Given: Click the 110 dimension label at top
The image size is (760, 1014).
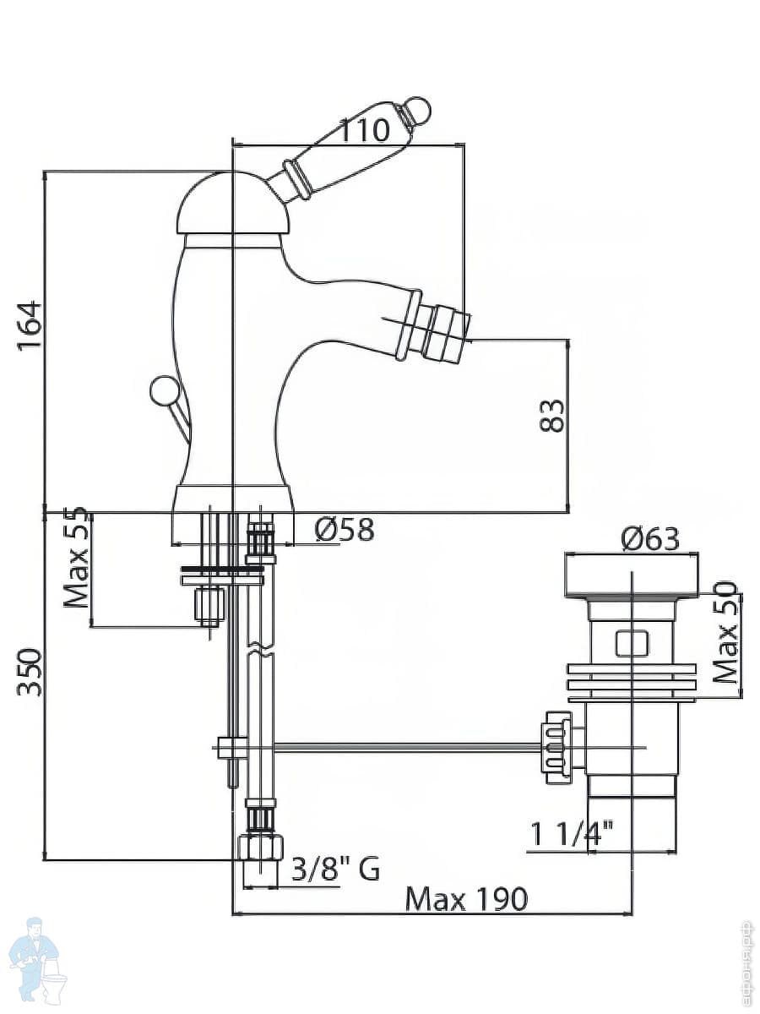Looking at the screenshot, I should click(x=365, y=131).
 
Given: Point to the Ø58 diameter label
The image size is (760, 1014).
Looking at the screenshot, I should click(x=344, y=530).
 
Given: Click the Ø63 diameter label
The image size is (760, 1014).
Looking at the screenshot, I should click(x=649, y=538).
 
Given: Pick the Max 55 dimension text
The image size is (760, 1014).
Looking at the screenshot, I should click(x=76, y=558).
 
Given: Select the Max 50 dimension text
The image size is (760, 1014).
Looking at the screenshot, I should click(x=725, y=632).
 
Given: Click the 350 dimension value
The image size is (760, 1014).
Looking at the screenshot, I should click(x=30, y=672).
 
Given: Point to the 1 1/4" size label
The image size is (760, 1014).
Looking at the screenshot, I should click(x=572, y=836).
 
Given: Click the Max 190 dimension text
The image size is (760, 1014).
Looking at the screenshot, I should click(x=466, y=899).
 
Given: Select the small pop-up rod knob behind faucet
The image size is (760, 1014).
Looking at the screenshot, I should click(x=163, y=390).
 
